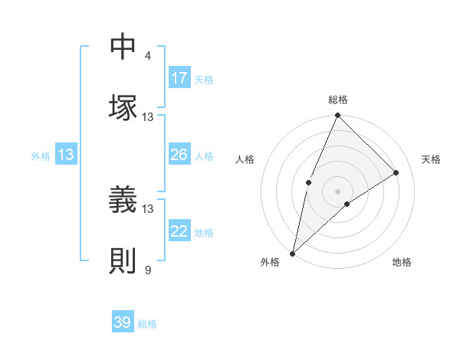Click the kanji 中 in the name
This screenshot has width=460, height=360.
(x=123, y=47)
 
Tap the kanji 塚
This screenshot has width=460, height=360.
(x=123, y=106)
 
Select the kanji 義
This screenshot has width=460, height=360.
(x=123, y=201)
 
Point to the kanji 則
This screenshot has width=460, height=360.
(x=123, y=260)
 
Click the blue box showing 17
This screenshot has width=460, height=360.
(x=179, y=78)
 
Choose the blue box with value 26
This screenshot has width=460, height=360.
(x=179, y=155)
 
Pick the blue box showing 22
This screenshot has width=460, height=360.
(x=179, y=231)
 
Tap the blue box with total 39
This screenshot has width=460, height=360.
(x=123, y=322)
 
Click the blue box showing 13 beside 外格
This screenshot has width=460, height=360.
(x=65, y=155)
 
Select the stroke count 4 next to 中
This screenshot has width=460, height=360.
(x=148, y=56)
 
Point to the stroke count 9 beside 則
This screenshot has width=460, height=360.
(x=148, y=270)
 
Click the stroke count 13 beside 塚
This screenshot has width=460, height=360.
(x=148, y=117)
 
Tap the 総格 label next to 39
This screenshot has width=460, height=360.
(x=148, y=324)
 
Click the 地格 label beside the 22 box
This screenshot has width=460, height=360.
(x=204, y=232)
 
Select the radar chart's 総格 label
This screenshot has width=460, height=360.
(x=337, y=100)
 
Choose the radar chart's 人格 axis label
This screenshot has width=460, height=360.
(x=245, y=159)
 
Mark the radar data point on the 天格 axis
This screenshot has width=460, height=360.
(x=396, y=172)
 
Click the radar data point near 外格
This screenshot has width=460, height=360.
(x=292, y=253)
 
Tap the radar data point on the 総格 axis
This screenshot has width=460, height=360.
(x=337, y=116)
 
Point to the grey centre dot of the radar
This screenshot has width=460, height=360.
(x=337, y=191)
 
